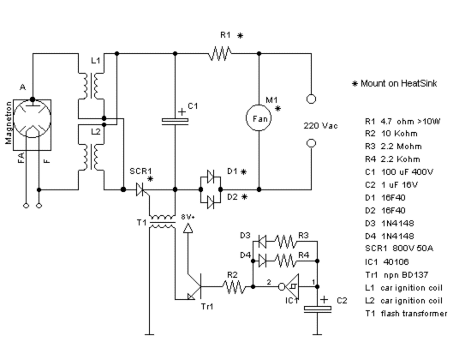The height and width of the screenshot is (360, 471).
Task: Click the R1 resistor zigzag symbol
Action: tap(219, 53)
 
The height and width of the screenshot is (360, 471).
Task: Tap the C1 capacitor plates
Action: tap(175, 122)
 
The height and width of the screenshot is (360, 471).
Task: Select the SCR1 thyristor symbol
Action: tap(141, 189)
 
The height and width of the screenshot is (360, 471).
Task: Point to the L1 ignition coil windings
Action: tap(92, 86)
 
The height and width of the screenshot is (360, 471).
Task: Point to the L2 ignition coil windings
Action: tap(92, 157)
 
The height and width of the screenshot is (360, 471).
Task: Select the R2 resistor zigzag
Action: tap(235, 286)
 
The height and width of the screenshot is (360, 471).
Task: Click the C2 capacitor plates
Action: tap(318, 309)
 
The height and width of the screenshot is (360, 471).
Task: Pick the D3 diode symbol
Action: tap(262, 241)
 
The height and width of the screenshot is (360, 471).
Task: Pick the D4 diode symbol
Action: tap(262, 261)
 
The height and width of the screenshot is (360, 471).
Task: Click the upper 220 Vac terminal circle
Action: tap(311, 99)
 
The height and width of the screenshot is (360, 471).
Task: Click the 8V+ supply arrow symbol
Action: tap(188, 229)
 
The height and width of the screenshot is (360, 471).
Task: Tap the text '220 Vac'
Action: tap(320, 125)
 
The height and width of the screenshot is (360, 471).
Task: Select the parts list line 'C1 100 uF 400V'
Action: tap(399, 172)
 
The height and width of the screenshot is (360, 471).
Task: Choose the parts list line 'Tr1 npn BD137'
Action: tap(396, 275)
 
